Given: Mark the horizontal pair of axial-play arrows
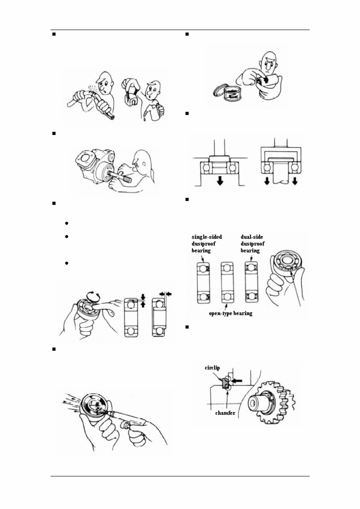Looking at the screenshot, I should [165, 293].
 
